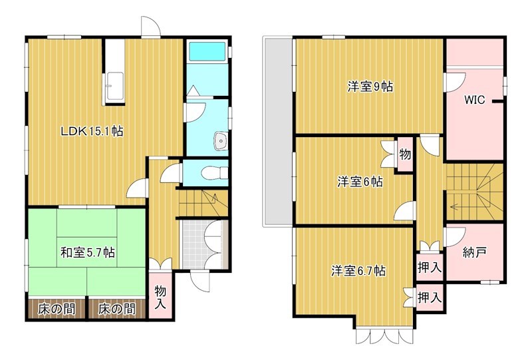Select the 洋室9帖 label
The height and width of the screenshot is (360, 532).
(369, 87)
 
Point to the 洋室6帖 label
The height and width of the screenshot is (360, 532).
(359, 182)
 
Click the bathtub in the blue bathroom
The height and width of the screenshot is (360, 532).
(207, 51)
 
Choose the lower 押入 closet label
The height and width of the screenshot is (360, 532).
(430, 297)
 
